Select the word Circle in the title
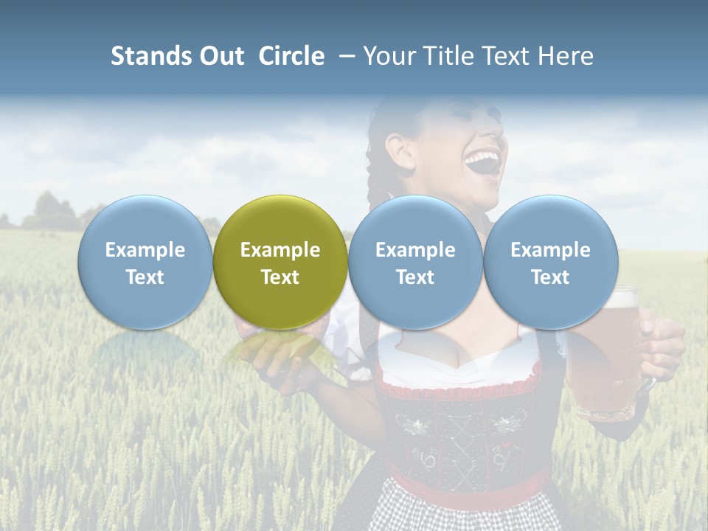(x=291, y=56)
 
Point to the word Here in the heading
(x=566, y=56)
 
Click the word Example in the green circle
(x=280, y=250)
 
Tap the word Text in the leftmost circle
(x=145, y=277)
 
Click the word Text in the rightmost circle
(x=550, y=277)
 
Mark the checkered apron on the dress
(x=465, y=513)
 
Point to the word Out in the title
(x=221, y=56)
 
